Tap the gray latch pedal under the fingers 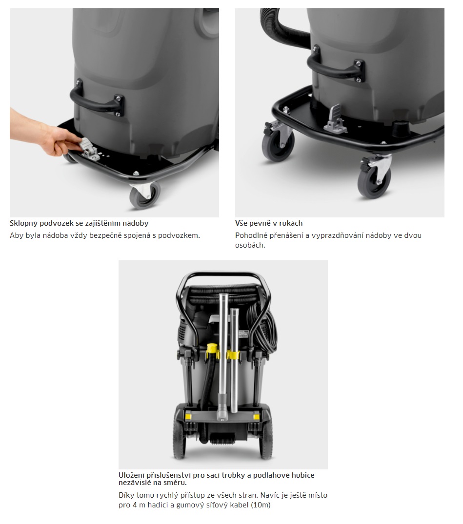tap(88, 147)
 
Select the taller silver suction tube tap(223, 354)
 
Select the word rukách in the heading tap(291, 223)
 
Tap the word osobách tap(250, 245)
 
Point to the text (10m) tap(260, 505)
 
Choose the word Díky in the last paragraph tap(126, 495)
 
